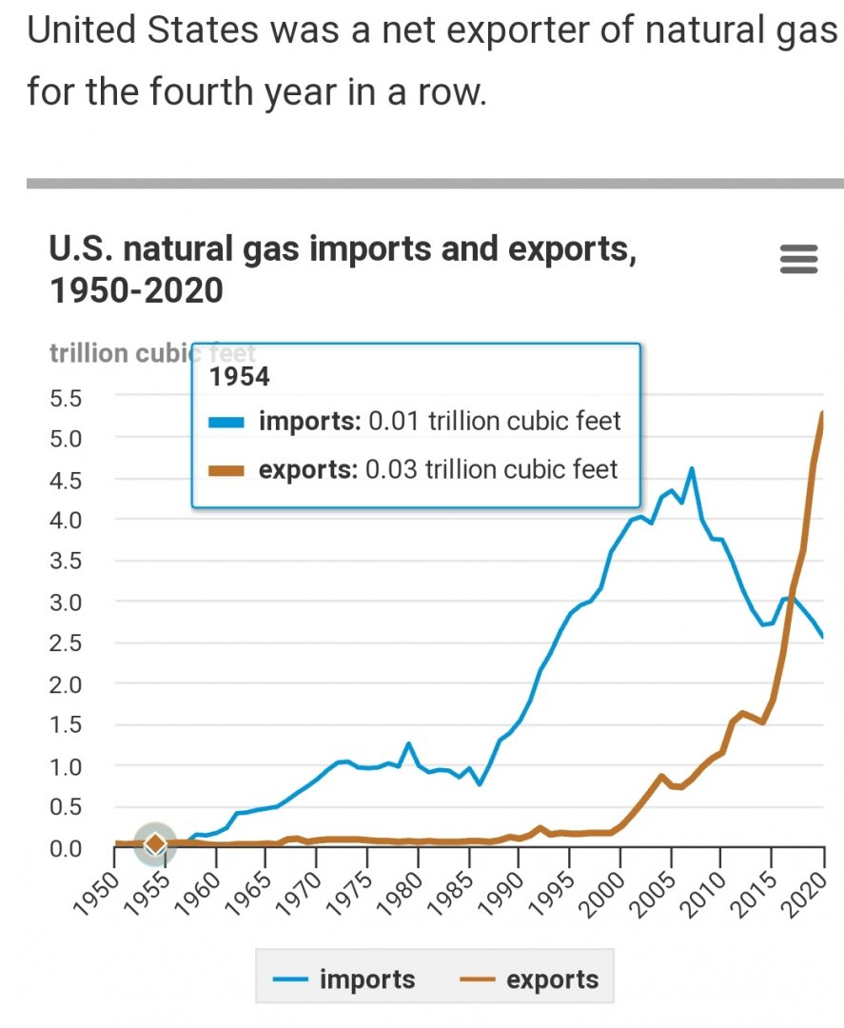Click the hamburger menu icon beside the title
pyautogui.click(x=798, y=259)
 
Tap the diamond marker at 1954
pyautogui.click(x=155, y=843)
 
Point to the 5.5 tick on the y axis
pyautogui.click(x=67, y=396)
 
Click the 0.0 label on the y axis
pyautogui.click(x=67, y=847)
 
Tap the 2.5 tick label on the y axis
pyautogui.click(x=67, y=642)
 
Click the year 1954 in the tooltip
pyautogui.click(x=239, y=377)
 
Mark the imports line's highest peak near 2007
pyautogui.click(x=692, y=468)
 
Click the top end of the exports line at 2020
pyautogui.click(x=822, y=413)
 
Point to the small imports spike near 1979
pyautogui.click(x=408, y=743)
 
